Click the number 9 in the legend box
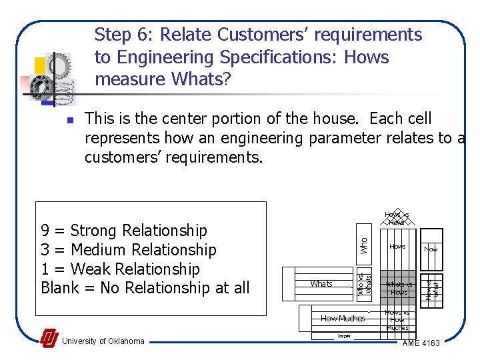tap(45, 231)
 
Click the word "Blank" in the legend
tap(63, 288)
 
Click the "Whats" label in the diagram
tap(321, 283)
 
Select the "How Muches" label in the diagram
tap(342, 318)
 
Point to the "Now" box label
tap(431, 248)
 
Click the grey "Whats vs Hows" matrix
tap(398, 288)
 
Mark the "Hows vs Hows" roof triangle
tap(397, 218)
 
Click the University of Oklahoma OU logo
tap(49, 339)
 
